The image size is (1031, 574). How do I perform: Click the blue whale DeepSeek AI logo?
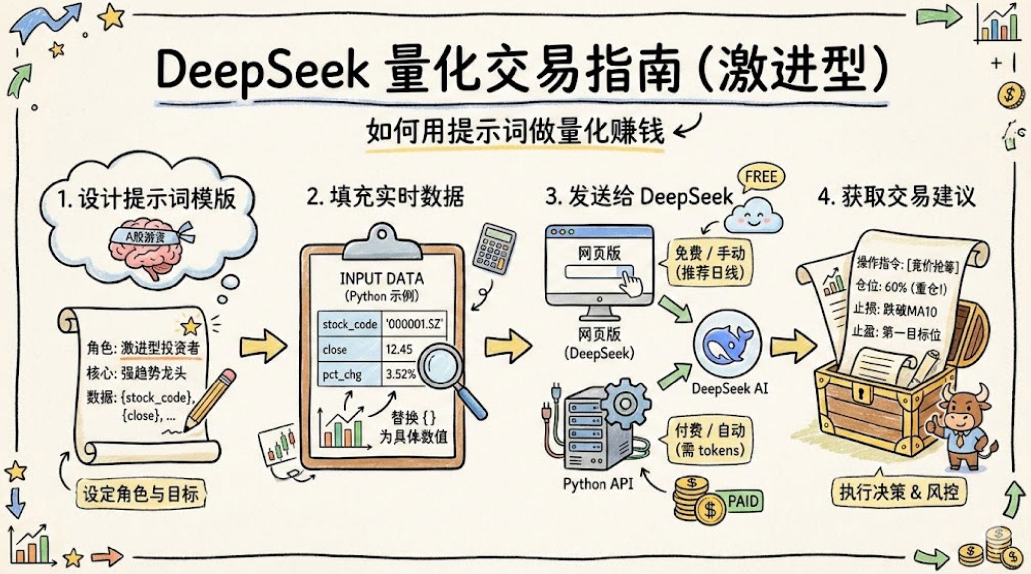coord(727,343)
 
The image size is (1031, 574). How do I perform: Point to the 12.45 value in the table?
coord(399,349)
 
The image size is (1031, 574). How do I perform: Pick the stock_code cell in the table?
coord(349,324)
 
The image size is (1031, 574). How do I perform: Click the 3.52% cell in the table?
coord(400,374)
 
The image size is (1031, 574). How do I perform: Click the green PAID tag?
coord(742,501)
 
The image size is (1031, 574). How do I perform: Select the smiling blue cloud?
coord(753,216)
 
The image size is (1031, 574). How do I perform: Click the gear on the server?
coord(625,403)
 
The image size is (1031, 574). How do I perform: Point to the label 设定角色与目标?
coord(141,494)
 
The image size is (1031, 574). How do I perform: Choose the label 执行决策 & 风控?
coord(899,492)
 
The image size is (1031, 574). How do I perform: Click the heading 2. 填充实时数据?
coord(385,197)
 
